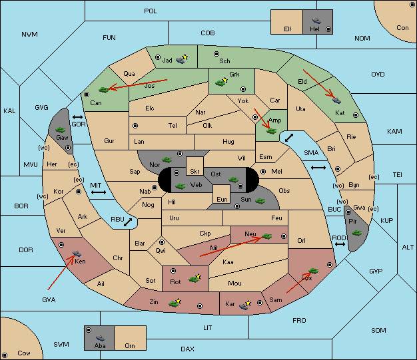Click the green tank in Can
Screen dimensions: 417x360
104,90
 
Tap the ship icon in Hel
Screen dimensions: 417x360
316,21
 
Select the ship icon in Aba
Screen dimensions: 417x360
100,338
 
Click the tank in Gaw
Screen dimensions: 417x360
61,130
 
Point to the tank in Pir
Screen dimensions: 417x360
356,233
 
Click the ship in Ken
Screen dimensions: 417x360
77,253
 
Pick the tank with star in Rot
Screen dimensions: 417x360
195,278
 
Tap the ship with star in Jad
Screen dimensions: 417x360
182,59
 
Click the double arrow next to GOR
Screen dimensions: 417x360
78,117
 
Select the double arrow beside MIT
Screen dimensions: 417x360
99,192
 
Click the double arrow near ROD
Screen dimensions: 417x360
340,244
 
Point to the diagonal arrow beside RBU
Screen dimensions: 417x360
128,222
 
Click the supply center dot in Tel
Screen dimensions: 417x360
135,126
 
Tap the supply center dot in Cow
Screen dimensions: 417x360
5,355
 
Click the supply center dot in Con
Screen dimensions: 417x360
412,5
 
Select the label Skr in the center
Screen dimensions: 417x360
195,172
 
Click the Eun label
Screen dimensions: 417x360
222,200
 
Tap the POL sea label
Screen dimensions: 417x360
151,11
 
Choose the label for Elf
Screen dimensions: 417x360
288,29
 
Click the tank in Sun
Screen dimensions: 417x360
260,201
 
